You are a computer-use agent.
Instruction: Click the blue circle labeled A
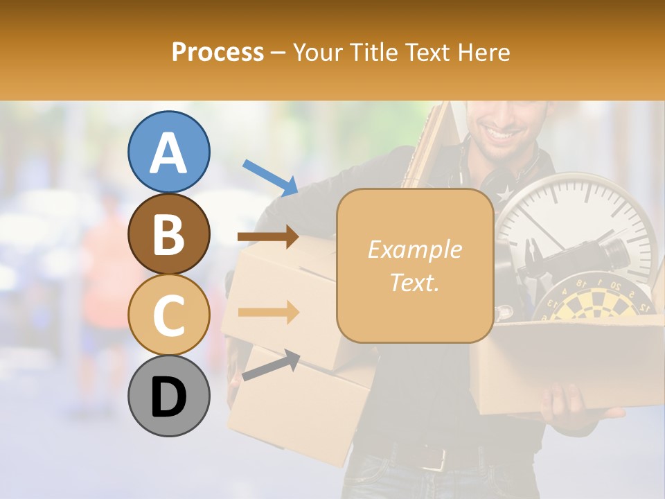click(168, 152)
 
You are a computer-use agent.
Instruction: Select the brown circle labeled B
click(168, 234)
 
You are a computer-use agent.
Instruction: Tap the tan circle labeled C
click(168, 315)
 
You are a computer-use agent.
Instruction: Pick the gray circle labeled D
click(168, 396)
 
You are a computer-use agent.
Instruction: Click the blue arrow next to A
click(270, 176)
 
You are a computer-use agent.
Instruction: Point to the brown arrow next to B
click(268, 237)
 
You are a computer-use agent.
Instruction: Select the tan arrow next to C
click(268, 312)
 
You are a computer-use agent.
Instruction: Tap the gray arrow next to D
click(270, 366)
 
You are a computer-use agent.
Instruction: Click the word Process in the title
click(218, 52)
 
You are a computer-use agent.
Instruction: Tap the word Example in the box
click(414, 249)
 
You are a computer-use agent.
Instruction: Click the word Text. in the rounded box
click(414, 282)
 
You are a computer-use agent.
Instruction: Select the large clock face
click(575, 222)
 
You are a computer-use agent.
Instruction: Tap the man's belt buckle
click(434, 457)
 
